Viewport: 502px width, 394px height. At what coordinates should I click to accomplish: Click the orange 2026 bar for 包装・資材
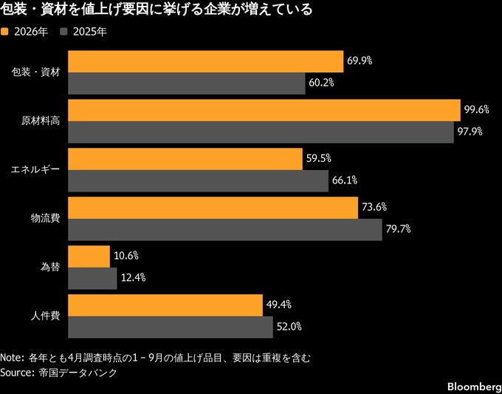pyautogui.click(x=205, y=61)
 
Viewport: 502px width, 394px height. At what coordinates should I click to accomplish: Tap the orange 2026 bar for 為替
pyautogui.click(x=89, y=257)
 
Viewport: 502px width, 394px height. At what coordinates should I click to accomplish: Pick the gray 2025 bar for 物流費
pyautogui.click(x=225, y=229)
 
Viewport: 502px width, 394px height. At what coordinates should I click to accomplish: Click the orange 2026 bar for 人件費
pyautogui.click(x=165, y=305)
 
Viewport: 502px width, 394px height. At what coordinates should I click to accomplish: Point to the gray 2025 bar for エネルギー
pyautogui.click(x=198, y=180)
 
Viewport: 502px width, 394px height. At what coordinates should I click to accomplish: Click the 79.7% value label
pyautogui.click(x=399, y=229)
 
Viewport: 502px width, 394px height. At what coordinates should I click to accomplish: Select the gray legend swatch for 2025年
pyautogui.click(x=64, y=32)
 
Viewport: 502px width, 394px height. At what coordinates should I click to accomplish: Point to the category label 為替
pyautogui.click(x=50, y=267)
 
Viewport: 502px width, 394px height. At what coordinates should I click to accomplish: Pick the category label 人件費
pyautogui.click(x=45, y=316)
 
